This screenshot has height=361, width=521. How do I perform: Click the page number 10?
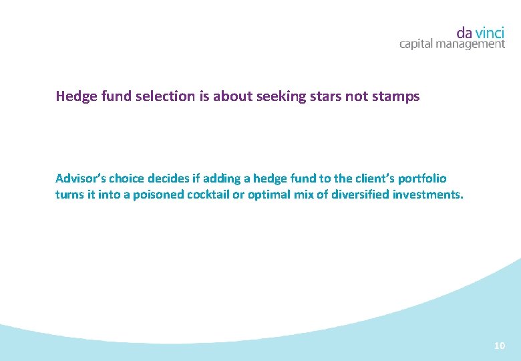(x=499, y=346)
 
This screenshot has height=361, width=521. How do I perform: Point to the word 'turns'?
(x=69, y=195)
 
